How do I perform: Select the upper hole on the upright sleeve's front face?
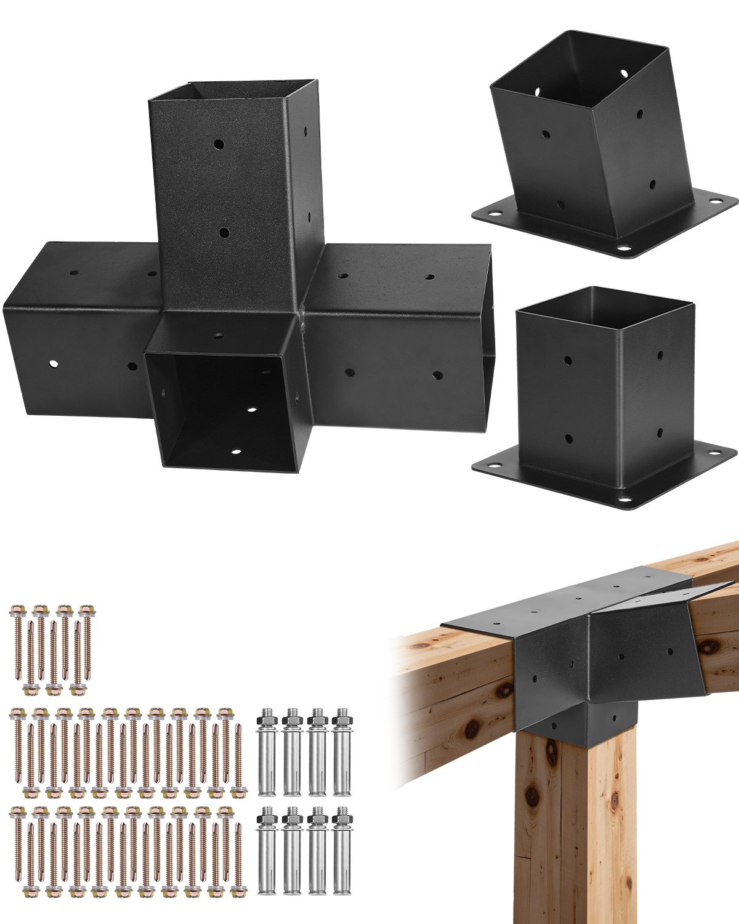point(219,145)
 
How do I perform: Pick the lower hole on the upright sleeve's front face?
point(224,233)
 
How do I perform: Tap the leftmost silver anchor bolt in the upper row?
point(269,752)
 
